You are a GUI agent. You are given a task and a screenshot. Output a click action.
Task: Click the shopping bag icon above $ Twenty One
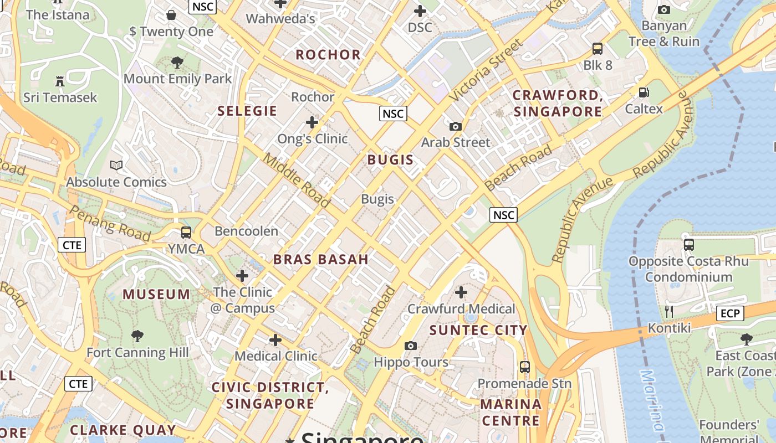[x=171, y=15]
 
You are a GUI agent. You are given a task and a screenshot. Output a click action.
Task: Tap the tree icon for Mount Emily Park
[x=177, y=62]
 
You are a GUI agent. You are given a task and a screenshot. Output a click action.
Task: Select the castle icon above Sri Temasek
[x=60, y=81]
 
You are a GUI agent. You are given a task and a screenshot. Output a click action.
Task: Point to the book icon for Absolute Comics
[x=116, y=165]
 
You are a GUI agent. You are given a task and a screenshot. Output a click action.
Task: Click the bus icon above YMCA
[x=186, y=233]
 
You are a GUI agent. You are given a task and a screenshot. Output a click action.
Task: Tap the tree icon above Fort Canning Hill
[x=137, y=336]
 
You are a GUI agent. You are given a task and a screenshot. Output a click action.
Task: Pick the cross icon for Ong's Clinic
[x=312, y=122]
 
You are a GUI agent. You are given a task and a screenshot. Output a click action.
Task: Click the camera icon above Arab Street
[x=456, y=126]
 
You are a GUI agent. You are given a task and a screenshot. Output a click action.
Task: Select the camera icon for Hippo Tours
[x=411, y=346]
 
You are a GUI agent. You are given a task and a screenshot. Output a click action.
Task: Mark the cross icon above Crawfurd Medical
[x=461, y=292]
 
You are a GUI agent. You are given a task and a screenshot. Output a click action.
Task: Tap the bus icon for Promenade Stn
[x=524, y=367]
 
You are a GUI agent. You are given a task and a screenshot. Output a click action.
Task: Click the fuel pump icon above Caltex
[x=644, y=92]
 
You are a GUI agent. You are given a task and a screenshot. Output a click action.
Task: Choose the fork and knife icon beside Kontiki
[x=669, y=312]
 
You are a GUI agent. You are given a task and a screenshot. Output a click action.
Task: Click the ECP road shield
[x=729, y=313]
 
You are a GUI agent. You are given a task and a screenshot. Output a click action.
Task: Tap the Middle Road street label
[x=297, y=180]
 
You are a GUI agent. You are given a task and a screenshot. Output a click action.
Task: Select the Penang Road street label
[x=110, y=224]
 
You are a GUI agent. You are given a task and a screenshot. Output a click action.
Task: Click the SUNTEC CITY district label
[x=478, y=331]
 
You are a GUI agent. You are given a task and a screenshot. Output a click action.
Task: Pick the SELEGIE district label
[x=247, y=111]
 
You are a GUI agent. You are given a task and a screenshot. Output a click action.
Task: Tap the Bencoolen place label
[x=246, y=231]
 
